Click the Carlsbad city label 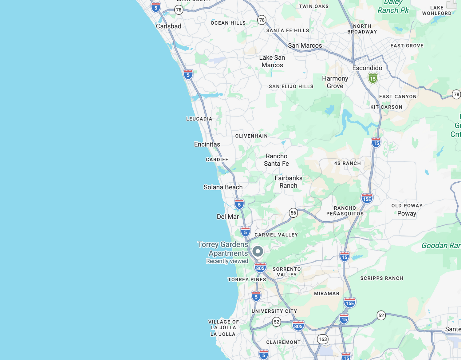(168, 26)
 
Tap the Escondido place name (367, 68)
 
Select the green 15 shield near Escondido (373, 78)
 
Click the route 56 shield (294, 213)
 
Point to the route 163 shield (323, 339)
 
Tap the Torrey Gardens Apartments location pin (258, 251)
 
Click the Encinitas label (207, 144)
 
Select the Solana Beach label (223, 187)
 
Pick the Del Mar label (228, 217)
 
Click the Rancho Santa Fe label (276, 160)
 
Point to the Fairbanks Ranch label (288, 182)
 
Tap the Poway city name (407, 214)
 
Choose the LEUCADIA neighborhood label (199, 119)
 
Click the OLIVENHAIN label (251, 136)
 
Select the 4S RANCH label (347, 163)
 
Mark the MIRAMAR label (327, 294)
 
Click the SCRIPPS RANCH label (382, 278)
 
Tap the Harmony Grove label (335, 82)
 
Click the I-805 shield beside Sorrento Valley (260, 268)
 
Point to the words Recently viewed (227, 261)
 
